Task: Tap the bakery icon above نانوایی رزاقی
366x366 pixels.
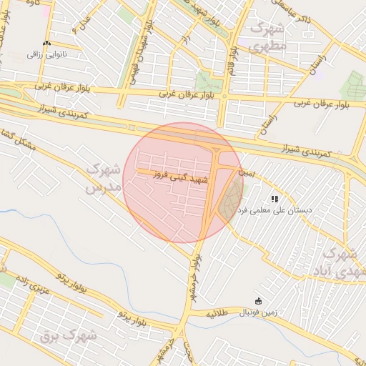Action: (46, 43)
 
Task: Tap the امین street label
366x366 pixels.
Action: (245, 173)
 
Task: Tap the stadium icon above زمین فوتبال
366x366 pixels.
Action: (258, 301)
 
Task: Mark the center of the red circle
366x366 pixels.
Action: (182, 182)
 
